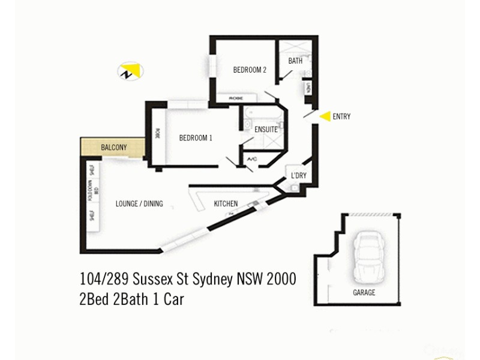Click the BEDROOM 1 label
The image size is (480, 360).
(196, 138)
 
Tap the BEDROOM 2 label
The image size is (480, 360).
(250, 70)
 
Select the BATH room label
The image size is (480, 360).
(295, 61)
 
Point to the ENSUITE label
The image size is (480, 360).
(266, 129)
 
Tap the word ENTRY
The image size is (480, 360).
(341, 117)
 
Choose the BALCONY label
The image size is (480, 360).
(113, 147)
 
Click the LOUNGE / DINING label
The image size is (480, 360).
(139, 204)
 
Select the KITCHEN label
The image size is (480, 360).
(226, 204)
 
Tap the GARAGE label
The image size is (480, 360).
(364, 293)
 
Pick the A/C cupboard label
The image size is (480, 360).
(253, 160)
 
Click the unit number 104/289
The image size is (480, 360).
(105, 280)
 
